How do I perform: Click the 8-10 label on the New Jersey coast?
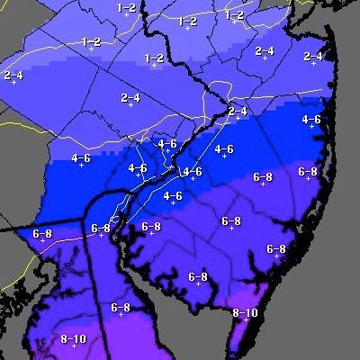(x=245, y=313)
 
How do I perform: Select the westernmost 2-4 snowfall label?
(x=13, y=75)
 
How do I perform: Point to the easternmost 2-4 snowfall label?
(x=313, y=56)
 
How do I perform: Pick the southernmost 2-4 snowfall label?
(x=238, y=111)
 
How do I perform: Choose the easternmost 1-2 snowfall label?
(x=235, y=14)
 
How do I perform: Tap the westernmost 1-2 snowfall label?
(x=90, y=41)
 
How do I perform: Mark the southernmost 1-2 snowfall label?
(x=154, y=58)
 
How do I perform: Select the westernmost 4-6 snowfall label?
(x=80, y=158)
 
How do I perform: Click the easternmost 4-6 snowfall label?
(x=311, y=119)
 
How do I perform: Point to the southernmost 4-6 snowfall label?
(x=173, y=195)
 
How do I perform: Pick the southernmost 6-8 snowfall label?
(x=121, y=308)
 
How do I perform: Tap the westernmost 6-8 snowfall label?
(x=42, y=233)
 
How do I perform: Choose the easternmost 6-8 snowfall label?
(x=308, y=171)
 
